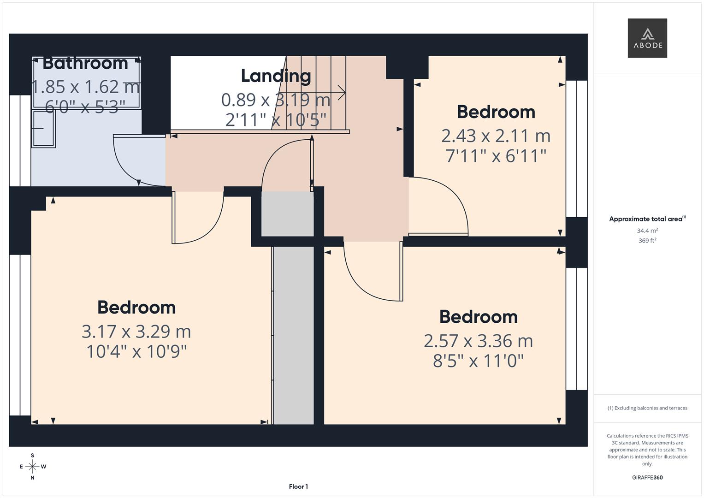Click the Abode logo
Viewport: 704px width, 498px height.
point(647,38)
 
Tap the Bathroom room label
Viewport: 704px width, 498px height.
point(85,64)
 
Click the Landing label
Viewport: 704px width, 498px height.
point(276,76)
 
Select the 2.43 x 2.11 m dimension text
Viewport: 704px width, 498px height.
point(496,136)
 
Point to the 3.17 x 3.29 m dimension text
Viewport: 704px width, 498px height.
point(136,332)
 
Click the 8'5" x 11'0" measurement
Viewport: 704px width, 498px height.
point(479,361)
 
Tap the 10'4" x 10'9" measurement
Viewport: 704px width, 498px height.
point(136,351)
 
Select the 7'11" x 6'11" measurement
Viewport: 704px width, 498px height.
point(496,156)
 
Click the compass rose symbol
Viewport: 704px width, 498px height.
point(32,467)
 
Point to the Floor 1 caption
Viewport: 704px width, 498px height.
point(299,486)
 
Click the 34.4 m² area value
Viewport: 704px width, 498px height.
point(647,231)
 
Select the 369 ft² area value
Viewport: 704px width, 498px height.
point(647,241)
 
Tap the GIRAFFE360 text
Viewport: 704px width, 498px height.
point(647,477)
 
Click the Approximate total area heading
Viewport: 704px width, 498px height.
point(647,219)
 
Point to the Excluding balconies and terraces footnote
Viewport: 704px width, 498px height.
point(647,408)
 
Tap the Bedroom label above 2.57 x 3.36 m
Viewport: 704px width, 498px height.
point(479,317)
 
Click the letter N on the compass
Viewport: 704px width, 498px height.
point(32,478)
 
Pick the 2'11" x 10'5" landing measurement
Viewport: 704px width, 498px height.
point(276,120)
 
